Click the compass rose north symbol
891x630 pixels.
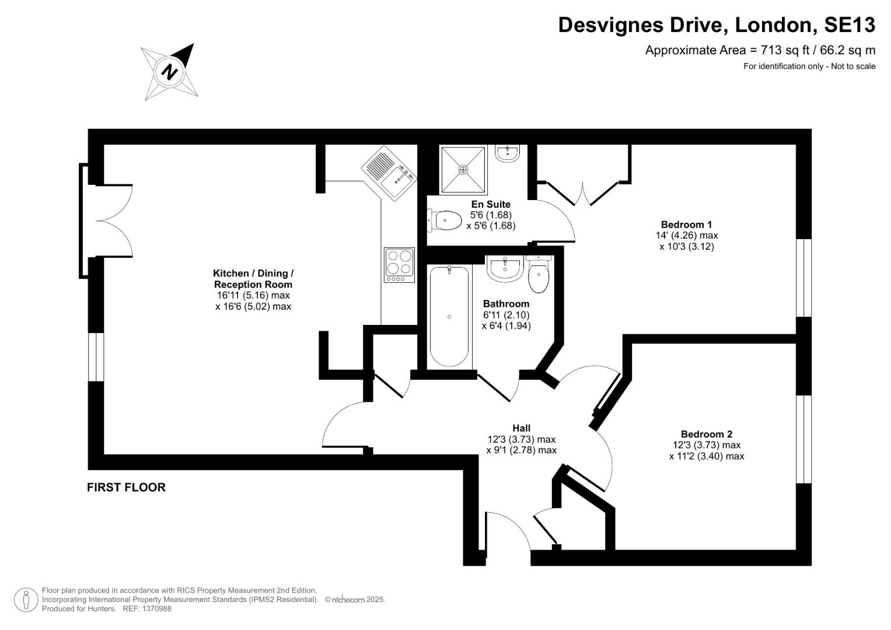pyautogui.click(x=170, y=72)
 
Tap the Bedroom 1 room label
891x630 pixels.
pyautogui.click(x=686, y=225)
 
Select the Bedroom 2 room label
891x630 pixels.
pyautogui.click(x=706, y=434)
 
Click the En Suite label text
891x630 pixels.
pyautogui.click(x=491, y=204)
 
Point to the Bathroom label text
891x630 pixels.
pyautogui.click(x=506, y=304)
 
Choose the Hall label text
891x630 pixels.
pyautogui.click(x=521, y=428)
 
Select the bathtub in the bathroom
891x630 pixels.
pyautogui.click(x=449, y=316)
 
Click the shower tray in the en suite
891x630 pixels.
pyautogui.click(x=463, y=170)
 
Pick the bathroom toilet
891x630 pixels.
pyautogui.click(x=539, y=275)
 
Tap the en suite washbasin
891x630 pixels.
pyautogui.click(x=507, y=153)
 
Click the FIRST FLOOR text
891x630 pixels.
pyautogui.click(x=126, y=487)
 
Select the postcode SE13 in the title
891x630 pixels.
pyautogui.click(x=849, y=25)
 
